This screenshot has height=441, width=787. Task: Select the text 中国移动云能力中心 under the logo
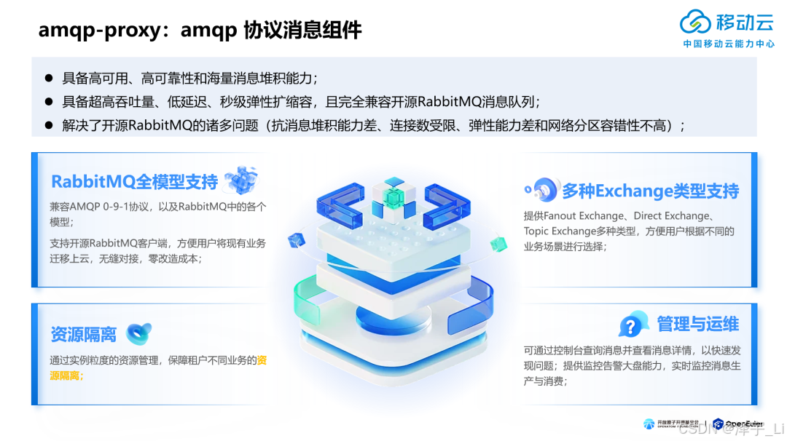coord(729,44)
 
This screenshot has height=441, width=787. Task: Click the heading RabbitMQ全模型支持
coord(134,181)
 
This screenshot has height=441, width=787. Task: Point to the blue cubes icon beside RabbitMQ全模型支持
coord(241,180)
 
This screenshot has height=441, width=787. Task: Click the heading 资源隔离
coord(83,334)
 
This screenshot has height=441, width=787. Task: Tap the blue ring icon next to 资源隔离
coord(138,333)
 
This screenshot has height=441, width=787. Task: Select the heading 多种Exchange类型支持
coord(650,191)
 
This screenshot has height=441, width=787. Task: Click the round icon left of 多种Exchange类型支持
coord(542,190)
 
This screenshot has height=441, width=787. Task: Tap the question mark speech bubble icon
coord(633,324)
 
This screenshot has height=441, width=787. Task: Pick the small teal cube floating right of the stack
coord(498,241)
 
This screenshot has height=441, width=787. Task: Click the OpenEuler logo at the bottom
coord(737,424)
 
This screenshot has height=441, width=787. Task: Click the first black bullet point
coord(49,77)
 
